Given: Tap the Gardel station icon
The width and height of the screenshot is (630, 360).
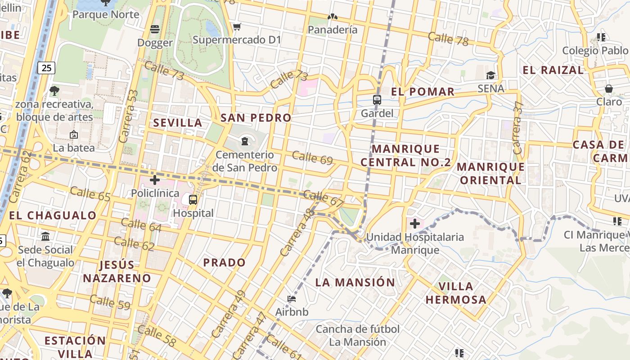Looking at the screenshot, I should pos(377,100).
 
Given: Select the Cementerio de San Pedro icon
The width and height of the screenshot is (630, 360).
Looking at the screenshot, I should pos(245,141).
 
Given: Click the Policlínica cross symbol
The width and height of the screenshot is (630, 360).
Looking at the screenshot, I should pos(155,180).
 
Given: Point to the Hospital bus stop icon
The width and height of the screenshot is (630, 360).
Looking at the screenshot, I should pos(193,199).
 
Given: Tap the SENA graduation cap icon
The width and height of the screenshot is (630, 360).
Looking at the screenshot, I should pos(490,75).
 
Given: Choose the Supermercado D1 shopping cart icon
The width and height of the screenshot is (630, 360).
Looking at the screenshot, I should pos(237,27).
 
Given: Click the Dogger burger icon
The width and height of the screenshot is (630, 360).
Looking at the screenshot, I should pos(155,29).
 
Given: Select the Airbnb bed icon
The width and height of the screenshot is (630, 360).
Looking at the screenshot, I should pos(292,298).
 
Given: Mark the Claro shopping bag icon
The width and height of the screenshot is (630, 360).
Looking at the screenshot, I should pos(609,89).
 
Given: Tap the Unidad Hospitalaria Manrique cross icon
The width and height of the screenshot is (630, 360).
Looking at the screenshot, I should pos(415,223).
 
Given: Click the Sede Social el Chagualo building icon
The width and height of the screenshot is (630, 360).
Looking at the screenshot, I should pos(45,236).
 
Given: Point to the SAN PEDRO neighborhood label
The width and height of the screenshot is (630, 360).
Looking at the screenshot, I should pos(256,118).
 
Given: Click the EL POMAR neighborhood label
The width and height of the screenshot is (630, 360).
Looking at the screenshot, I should pos(423,92).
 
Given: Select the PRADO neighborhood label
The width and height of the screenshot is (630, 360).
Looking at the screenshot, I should pos(225,262).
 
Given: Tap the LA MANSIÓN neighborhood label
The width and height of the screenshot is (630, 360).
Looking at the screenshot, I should pos(355,283).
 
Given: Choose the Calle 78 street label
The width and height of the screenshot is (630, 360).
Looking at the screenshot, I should pos(448,39).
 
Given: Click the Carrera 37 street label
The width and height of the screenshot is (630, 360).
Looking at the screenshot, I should pos(518,127).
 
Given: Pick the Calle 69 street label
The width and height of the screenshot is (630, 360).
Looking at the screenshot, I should pos(312,158).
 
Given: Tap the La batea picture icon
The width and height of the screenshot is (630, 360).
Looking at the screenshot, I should pos(73,135).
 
